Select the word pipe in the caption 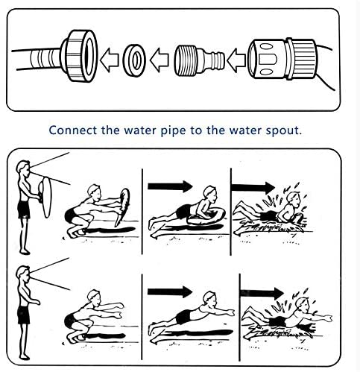173,130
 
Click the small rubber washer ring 134,60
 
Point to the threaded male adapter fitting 199,60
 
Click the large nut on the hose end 80,56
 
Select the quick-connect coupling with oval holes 282,59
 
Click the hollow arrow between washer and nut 110,60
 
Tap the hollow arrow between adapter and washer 160,60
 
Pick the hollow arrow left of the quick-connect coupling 236,60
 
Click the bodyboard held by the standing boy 46,196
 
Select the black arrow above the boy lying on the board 170,186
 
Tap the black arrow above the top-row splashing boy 253,187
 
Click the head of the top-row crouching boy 95,192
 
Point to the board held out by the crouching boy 122,207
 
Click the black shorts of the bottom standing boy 24,315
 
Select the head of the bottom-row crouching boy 94,297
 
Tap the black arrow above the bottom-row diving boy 170,291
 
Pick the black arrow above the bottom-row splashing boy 262,293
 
